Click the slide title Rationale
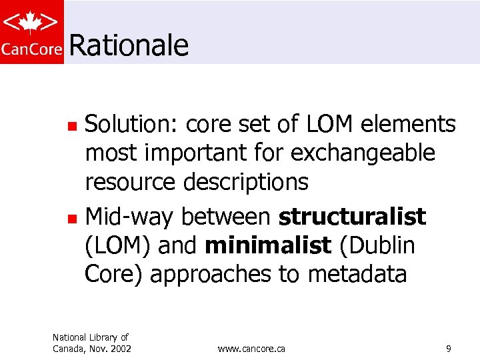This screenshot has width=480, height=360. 128,45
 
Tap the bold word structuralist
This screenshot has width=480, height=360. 352,217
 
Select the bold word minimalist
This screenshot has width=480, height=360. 268,246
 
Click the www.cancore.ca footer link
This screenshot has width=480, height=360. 251,349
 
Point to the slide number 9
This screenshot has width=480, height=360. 449,349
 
